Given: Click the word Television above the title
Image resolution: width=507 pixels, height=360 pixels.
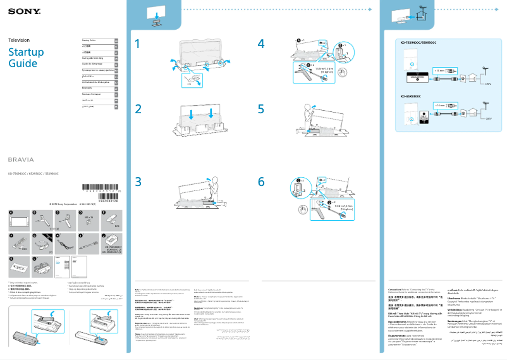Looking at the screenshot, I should pos(18,40).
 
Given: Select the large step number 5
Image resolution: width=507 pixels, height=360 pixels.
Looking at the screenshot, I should pos(261,109).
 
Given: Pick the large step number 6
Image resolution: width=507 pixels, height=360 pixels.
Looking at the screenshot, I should pos(261,181).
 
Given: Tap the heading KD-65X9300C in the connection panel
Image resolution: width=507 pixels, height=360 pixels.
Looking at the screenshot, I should pos(411,96).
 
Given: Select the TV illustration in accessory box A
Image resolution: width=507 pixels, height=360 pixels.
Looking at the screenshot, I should pos(18,221).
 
